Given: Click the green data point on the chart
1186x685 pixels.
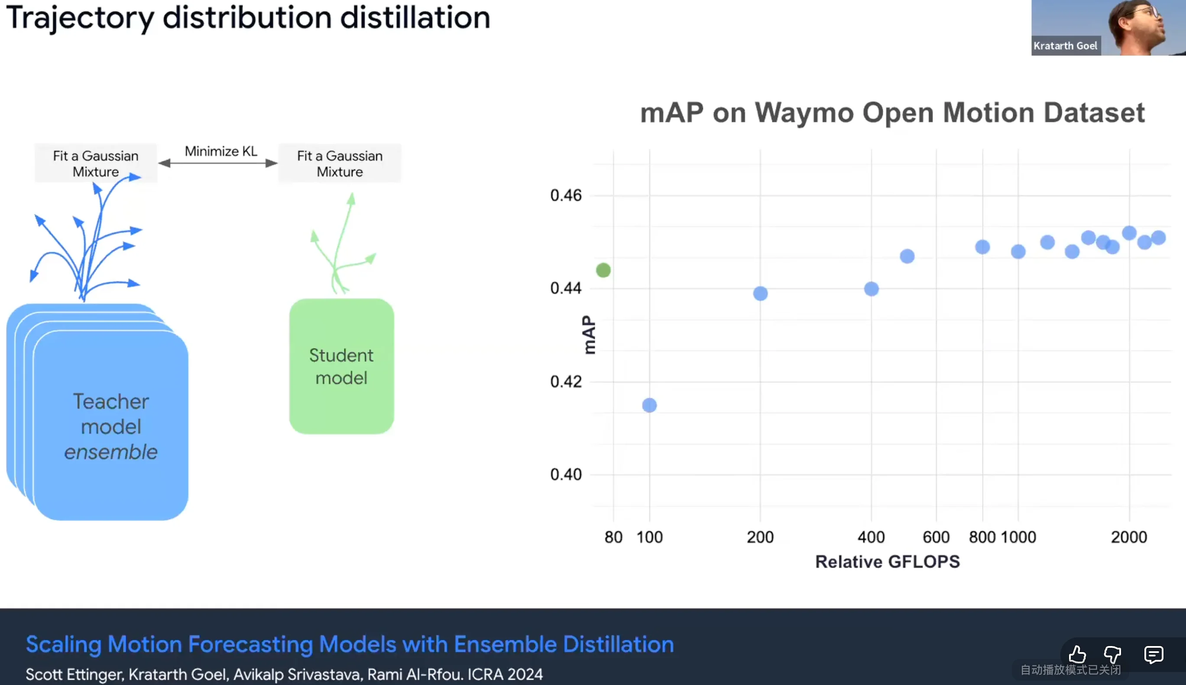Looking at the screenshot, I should (x=603, y=270).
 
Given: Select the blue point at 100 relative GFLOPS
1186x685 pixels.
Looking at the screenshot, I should (x=649, y=405).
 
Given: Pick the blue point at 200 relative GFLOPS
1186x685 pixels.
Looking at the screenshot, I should (x=761, y=294).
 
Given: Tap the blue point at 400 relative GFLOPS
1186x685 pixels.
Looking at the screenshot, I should (x=872, y=289).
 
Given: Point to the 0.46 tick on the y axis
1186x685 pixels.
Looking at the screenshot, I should (x=566, y=195).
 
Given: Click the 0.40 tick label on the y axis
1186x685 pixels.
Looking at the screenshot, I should (x=566, y=474).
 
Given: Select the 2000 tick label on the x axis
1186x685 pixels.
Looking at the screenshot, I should (x=1128, y=537).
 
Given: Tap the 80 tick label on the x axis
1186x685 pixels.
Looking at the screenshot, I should (x=613, y=537).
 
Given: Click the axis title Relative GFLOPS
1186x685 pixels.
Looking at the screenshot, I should (x=887, y=562).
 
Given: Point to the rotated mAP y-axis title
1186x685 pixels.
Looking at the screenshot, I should (x=589, y=335).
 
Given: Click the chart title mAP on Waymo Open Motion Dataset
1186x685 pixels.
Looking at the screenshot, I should (x=892, y=113).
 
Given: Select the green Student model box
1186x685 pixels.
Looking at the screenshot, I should (x=341, y=366).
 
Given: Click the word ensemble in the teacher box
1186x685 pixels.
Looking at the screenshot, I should (x=110, y=452).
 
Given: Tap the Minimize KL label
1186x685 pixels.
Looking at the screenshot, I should (x=221, y=152).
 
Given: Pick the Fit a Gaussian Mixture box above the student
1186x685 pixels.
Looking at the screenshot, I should (x=340, y=163).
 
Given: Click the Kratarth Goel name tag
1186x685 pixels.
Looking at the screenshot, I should (x=1065, y=45).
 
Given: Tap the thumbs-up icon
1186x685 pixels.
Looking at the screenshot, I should (x=1077, y=654).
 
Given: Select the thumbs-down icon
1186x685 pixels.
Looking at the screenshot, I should (x=1113, y=654).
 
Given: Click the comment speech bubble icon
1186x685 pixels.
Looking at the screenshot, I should (x=1154, y=654).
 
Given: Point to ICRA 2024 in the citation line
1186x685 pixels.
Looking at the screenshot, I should (x=505, y=674).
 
